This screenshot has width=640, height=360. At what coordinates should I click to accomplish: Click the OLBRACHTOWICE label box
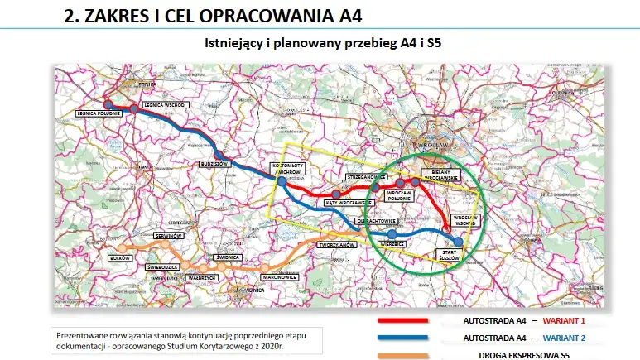377,222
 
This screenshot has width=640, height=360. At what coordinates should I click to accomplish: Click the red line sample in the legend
402,320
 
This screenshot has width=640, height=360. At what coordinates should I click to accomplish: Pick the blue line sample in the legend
402,338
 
